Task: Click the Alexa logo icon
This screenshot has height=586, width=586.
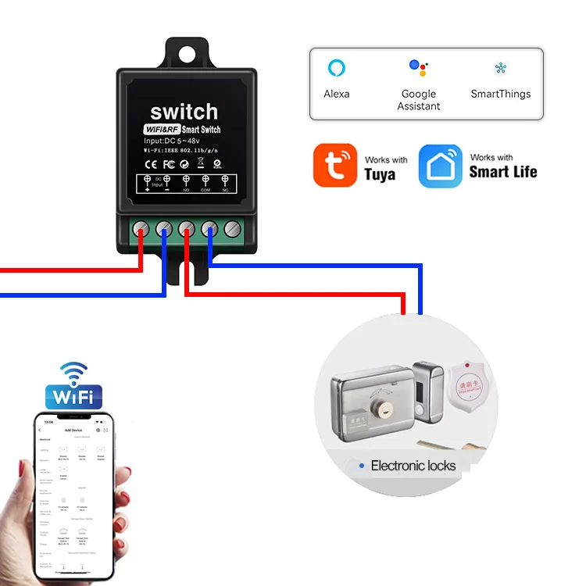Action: pyautogui.click(x=336, y=67)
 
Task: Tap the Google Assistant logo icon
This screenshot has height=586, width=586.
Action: pyautogui.click(x=419, y=68)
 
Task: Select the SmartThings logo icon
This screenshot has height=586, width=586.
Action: pyautogui.click(x=500, y=68)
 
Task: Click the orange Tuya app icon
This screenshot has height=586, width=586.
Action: pyautogui.click(x=335, y=165)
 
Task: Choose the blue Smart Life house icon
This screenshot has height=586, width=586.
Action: pyautogui.click(x=441, y=166)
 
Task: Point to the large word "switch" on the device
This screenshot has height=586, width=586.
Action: pyautogui.click(x=184, y=111)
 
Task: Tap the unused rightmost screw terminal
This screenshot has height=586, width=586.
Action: pyautogui.click(x=232, y=229)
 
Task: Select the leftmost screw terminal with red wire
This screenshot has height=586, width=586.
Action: pyautogui.click(x=141, y=229)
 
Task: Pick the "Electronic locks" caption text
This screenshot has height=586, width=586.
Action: pyautogui.click(x=413, y=466)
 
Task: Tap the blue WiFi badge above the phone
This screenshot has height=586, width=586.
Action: pyautogui.click(x=73, y=395)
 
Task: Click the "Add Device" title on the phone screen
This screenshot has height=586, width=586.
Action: pyautogui.click(x=73, y=431)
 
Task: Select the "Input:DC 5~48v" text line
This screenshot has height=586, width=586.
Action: pyautogui.click(x=177, y=140)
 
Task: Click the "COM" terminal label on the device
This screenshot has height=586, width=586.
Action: pyautogui.click(x=205, y=190)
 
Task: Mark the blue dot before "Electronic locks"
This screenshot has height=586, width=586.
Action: pyautogui.click(x=361, y=466)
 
